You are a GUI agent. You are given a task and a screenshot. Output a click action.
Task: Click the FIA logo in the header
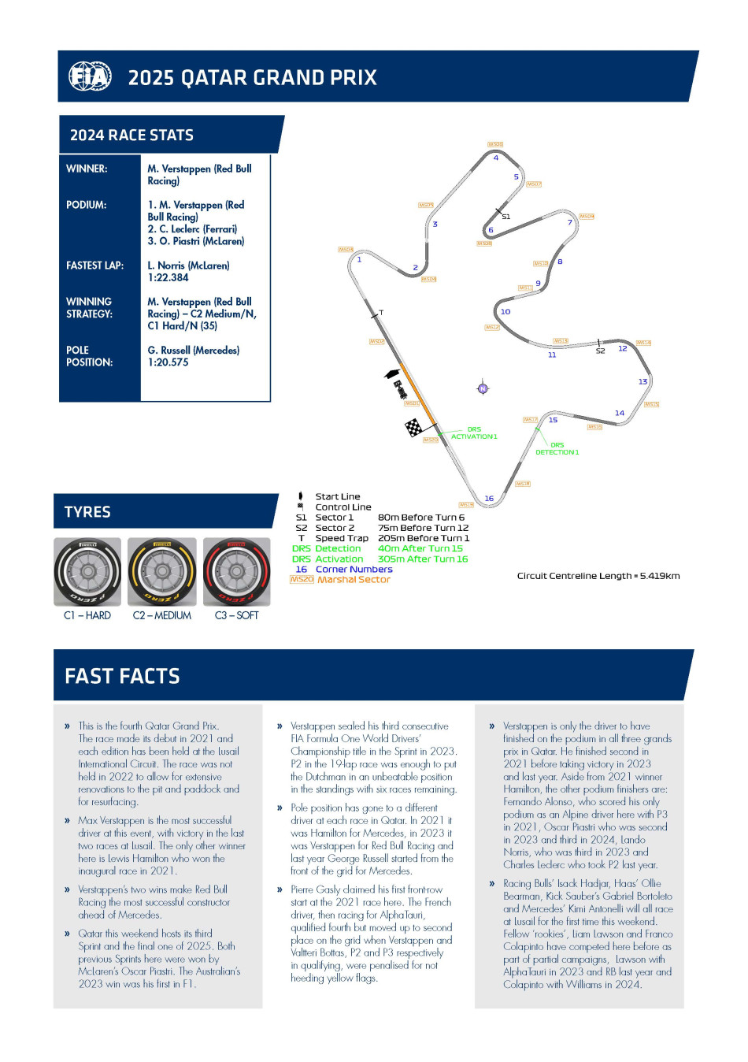click(90, 76)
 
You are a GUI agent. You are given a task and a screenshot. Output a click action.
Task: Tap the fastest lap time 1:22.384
click(168, 278)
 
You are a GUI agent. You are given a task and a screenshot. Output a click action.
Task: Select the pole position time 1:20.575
click(168, 362)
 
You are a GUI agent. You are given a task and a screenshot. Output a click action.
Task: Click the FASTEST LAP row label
click(94, 265)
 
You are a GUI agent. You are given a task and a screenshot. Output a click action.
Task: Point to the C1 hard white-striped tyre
click(87, 571)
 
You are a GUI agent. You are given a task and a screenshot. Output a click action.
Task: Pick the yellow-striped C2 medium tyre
click(162, 571)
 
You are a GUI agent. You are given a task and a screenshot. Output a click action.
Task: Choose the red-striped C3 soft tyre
click(236, 571)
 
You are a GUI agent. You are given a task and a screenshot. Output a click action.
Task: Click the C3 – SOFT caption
click(236, 615)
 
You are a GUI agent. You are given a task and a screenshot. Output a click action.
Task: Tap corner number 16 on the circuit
click(489, 498)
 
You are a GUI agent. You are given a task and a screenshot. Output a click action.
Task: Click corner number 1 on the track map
click(359, 259)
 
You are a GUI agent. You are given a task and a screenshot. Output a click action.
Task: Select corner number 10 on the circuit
click(505, 311)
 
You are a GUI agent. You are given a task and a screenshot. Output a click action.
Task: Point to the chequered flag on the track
click(413, 428)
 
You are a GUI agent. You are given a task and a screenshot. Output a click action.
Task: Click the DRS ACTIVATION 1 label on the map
click(474, 433)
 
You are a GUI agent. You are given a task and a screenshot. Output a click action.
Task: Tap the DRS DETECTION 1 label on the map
click(557, 448)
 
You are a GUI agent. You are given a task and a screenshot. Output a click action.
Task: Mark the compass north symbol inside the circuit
click(483, 388)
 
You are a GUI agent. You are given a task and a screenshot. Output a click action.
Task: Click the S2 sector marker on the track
click(600, 351)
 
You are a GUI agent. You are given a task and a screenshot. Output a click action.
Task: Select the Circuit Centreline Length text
click(598, 576)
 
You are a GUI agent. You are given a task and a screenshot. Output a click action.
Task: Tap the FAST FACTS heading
click(122, 676)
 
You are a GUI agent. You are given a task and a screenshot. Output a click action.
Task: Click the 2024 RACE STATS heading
click(131, 135)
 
